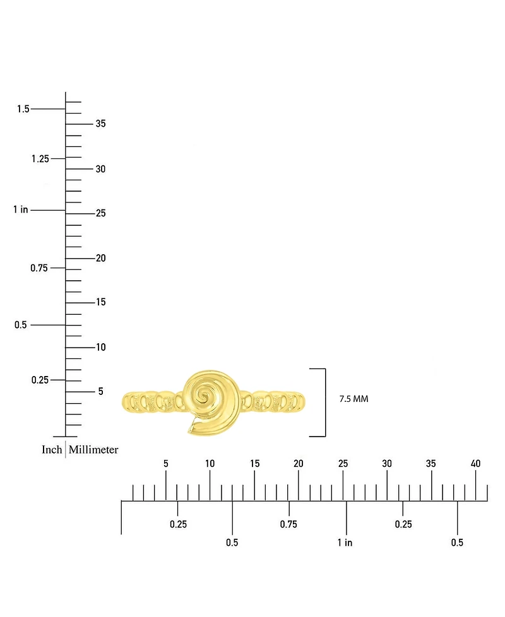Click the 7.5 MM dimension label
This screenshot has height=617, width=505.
pos(354,399)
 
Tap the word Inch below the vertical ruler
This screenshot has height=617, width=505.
pos(52,449)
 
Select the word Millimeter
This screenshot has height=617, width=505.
pos(93,449)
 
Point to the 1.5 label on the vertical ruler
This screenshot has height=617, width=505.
pos(23,109)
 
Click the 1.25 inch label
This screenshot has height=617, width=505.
pos(40,158)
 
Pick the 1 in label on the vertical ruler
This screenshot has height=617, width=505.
pos(21,209)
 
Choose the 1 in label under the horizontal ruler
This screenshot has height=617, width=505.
pos(345,543)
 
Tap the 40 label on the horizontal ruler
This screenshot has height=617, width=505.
pos(475,464)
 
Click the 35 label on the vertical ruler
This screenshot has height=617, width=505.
pos(100,124)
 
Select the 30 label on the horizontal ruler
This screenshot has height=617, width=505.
pos(387,464)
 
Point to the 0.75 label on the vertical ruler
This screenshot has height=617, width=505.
pos(39,268)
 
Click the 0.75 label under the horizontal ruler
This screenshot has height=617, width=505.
pos(288,524)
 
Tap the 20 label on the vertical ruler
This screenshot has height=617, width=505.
pos(101,258)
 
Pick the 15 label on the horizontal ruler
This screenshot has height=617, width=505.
pos(254,464)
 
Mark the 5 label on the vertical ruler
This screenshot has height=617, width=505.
pos(101,391)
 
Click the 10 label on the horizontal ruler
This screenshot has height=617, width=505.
pos(210,464)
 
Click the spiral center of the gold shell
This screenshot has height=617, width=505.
pos(203,396)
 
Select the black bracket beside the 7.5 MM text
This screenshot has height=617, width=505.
pos(325,403)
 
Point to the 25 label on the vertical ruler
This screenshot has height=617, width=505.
pos(101,213)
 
